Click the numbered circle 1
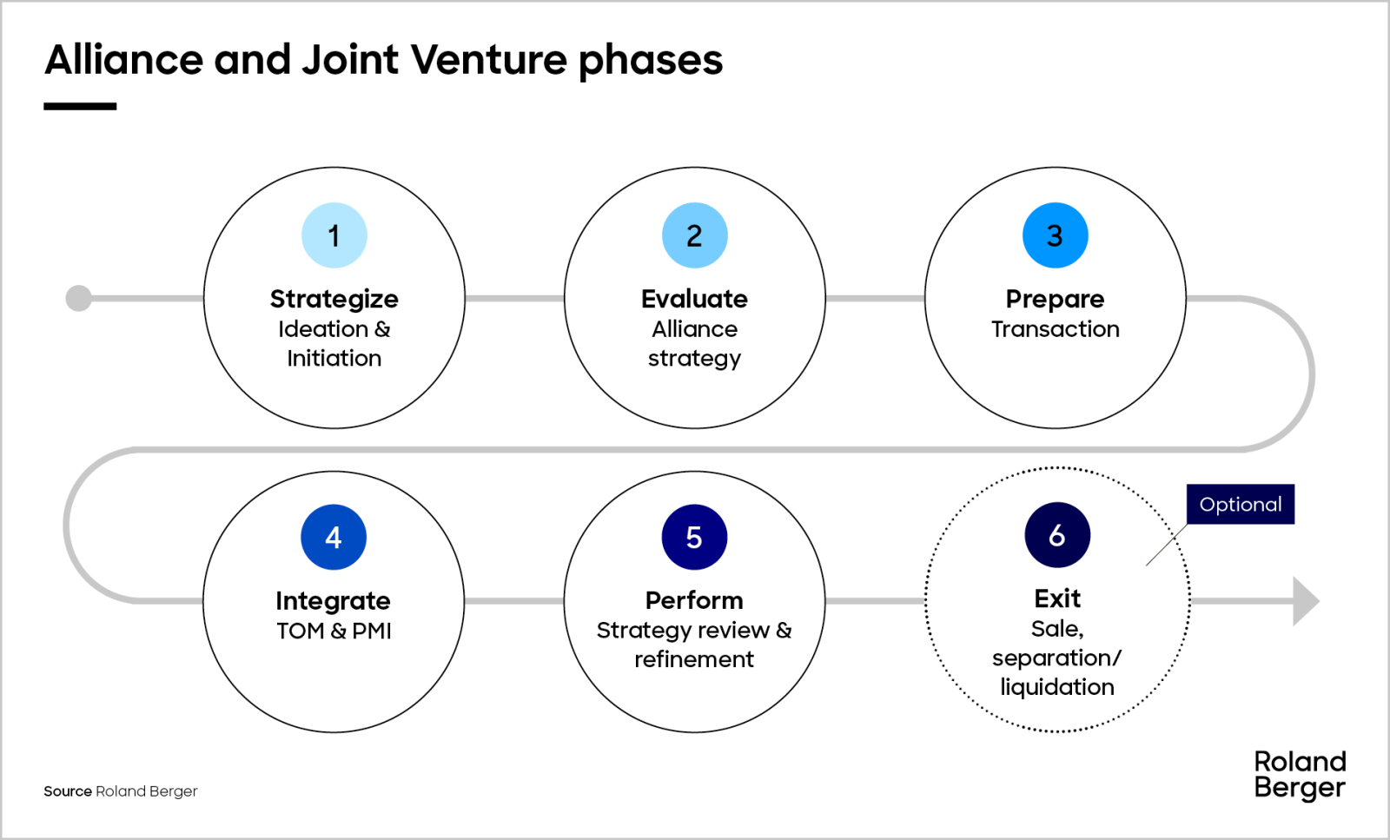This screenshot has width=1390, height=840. (334, 235)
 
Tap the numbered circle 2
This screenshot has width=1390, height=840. (694, 235)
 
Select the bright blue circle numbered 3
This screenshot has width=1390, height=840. (1055, 235)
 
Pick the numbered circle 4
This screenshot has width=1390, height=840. (334, 537)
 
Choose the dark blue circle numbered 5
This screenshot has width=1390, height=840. (694, 537)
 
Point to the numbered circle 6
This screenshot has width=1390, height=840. (1057, 535)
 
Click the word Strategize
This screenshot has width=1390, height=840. (334, 299)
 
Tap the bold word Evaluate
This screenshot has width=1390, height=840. (694, 299)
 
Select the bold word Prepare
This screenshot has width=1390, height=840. (1055, 299)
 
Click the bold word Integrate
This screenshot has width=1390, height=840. (334, 601)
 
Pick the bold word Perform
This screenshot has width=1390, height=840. (694, 600)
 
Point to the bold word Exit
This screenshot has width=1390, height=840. (1057, 599)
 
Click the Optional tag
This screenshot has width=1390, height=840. (1240, 504)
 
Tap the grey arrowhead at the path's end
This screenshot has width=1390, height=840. (1305, 601)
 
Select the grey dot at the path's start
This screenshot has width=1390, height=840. (79, 298)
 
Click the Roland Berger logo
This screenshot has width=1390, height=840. (1300, 774)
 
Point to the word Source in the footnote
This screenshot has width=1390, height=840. (68, 791)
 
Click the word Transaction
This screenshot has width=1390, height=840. (1055, 329)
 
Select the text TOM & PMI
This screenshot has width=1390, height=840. (334, 631)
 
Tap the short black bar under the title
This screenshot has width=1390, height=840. (80, 106)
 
